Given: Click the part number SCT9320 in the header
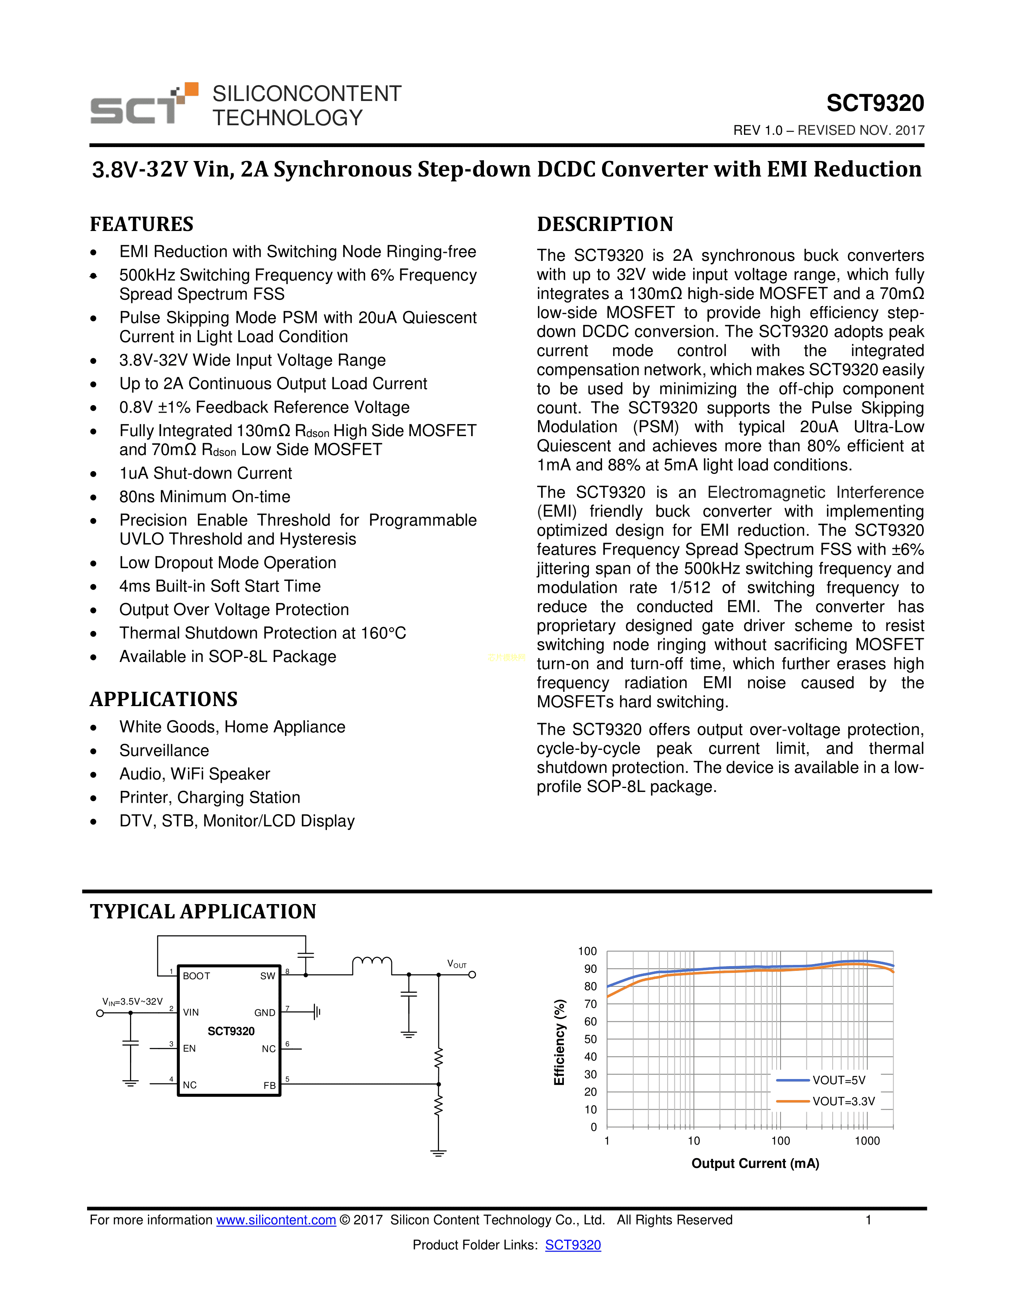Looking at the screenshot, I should coord(875,103).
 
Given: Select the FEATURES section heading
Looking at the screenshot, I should coord(142,224).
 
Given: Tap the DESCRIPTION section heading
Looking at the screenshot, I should coord(605,224).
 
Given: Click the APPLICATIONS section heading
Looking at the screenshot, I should coord(164,699).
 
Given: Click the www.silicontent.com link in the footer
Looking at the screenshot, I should coord(276,1220).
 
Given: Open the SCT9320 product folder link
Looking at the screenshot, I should coord(573,1245).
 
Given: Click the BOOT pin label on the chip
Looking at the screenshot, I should coord(196,976).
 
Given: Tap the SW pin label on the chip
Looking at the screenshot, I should coord(267,976).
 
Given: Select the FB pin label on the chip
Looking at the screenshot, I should coord(269,1085).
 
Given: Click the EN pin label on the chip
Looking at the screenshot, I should coord(189,1048).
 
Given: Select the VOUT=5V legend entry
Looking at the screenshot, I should coord(839,1080).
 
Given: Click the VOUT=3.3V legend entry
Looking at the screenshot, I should coord(843,1101).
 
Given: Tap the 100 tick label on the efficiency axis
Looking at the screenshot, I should coord(587,951).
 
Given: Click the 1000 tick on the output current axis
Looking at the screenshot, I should coord(867,1141).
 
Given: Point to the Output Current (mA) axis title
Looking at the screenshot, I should coord(755,1164).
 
